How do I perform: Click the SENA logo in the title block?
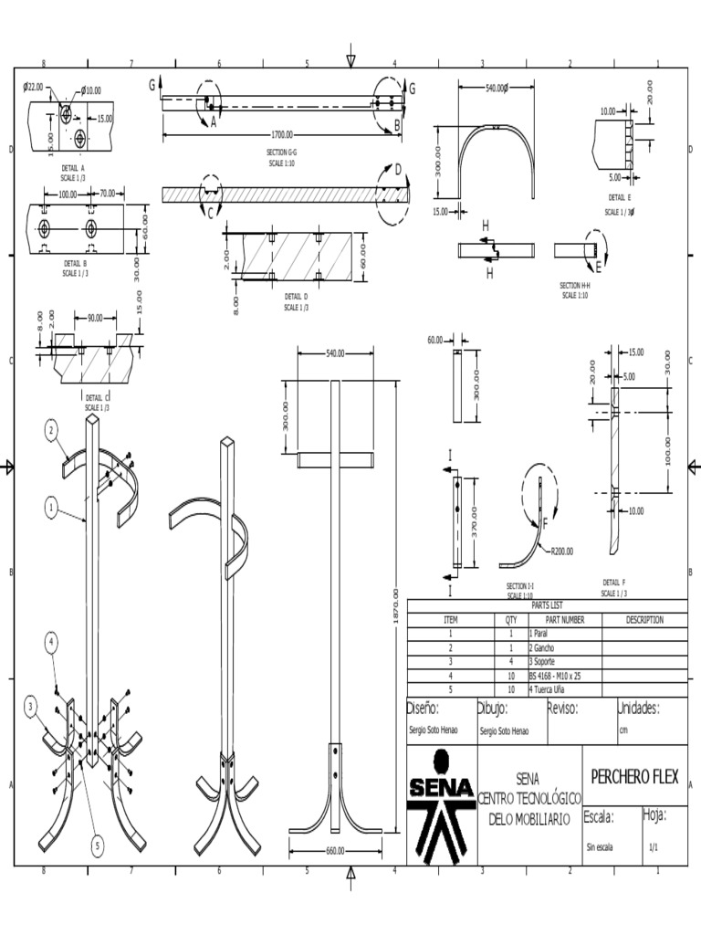[x=442, y=804]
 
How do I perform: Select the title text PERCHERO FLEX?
[x=634, y=777]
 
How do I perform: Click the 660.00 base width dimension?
[x=335, y=851]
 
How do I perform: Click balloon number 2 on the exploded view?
[x=52, y=430]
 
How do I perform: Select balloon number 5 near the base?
[x=98, y=846]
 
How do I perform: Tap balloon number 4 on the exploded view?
[x=52, y=643]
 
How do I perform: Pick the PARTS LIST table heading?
[x=547, y=604]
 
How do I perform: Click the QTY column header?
[x=510, y=619]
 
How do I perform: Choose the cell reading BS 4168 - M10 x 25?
[x=554, y=676]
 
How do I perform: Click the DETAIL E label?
[x=620, y=197]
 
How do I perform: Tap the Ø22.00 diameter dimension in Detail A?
[x=33, y=88]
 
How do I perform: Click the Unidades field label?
[x=651, y=709]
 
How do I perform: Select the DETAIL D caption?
[x=296, y=297]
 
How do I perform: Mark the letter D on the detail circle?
[x=398, y=169]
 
